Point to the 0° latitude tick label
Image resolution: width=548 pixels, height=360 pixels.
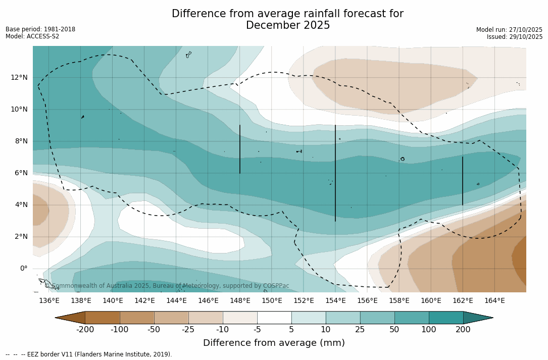click(24, 268)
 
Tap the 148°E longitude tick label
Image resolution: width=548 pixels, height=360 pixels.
click(240, 301)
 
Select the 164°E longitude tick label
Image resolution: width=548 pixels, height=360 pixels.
click(494, 301)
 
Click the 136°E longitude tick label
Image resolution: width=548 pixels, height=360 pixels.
click(49, 301)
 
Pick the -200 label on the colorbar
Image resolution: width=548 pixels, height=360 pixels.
click(85, 330)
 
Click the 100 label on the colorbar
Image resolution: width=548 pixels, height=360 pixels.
click(429, 330)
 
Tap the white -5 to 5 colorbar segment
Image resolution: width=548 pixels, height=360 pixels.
click(274, 318)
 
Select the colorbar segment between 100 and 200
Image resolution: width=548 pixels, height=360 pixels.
click(446, 318)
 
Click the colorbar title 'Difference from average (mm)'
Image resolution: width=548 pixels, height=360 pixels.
click(274, 343)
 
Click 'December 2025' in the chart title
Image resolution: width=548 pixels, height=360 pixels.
click(288, 25)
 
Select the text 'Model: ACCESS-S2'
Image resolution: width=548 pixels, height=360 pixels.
click(32, 36)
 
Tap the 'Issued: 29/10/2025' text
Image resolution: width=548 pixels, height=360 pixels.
click(514, 37)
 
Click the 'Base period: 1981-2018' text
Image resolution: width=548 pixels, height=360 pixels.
click(40, 29)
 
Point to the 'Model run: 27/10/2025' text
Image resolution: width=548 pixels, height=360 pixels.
click(509, 30)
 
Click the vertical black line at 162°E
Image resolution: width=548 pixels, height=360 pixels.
click(462, 181)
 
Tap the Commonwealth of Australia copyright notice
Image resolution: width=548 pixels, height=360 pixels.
click(167, 286)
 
